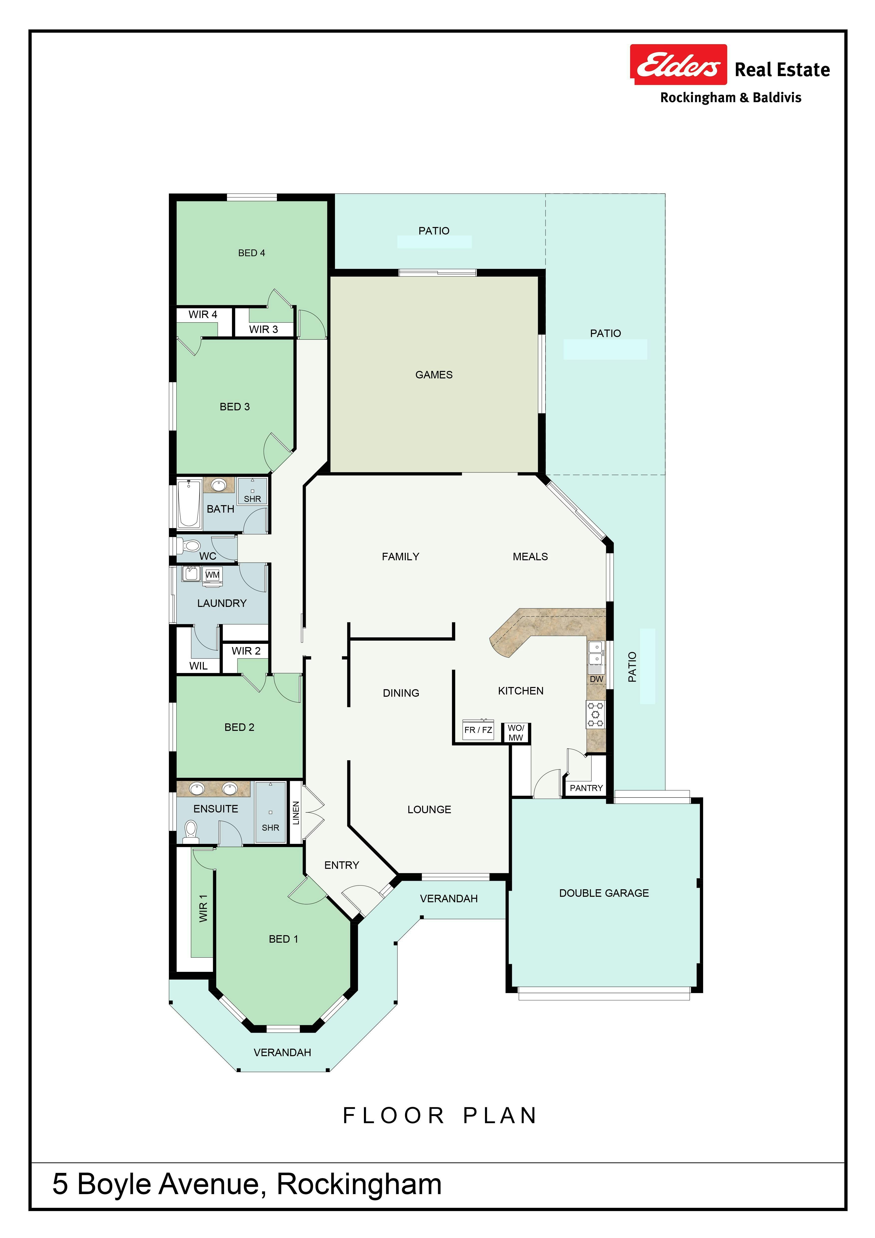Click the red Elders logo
[678, 65]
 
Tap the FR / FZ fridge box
[478, 730]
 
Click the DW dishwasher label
[596, 679]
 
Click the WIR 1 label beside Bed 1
[203, 908]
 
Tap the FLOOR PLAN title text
[440, 1116]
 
